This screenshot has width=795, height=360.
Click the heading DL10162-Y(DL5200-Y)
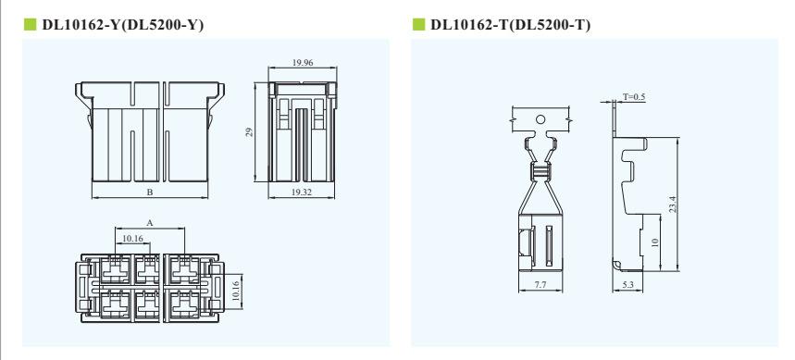click(x=123, y=25)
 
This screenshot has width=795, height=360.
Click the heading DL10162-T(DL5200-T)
click(x=511, y=25)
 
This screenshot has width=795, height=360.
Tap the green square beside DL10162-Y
click(x=30, y=24)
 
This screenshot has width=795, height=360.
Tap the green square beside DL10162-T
click(x=419, y=24)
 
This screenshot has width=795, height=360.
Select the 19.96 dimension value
click(x=303, y=62)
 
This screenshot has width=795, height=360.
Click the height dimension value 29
click(x=249, y=132)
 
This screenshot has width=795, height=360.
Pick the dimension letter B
click(x=150, y=192)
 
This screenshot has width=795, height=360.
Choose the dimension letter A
click(x=150, y=223)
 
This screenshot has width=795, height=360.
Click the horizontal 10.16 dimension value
click(x=132, y=238)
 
